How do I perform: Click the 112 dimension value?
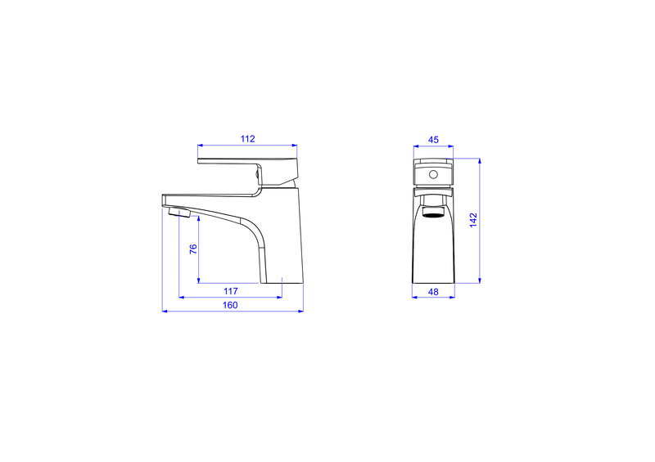point(248,139)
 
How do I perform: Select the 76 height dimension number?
point(193,249)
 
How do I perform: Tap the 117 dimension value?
point(231,291)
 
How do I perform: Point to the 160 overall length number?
point(230,305)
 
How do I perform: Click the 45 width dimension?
point(434,140)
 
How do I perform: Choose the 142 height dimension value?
point(473,220)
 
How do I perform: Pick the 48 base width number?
point(434,292)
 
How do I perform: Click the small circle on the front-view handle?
point(434,174)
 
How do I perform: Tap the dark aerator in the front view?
point(433,215)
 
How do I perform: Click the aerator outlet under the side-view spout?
point(179,213)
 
